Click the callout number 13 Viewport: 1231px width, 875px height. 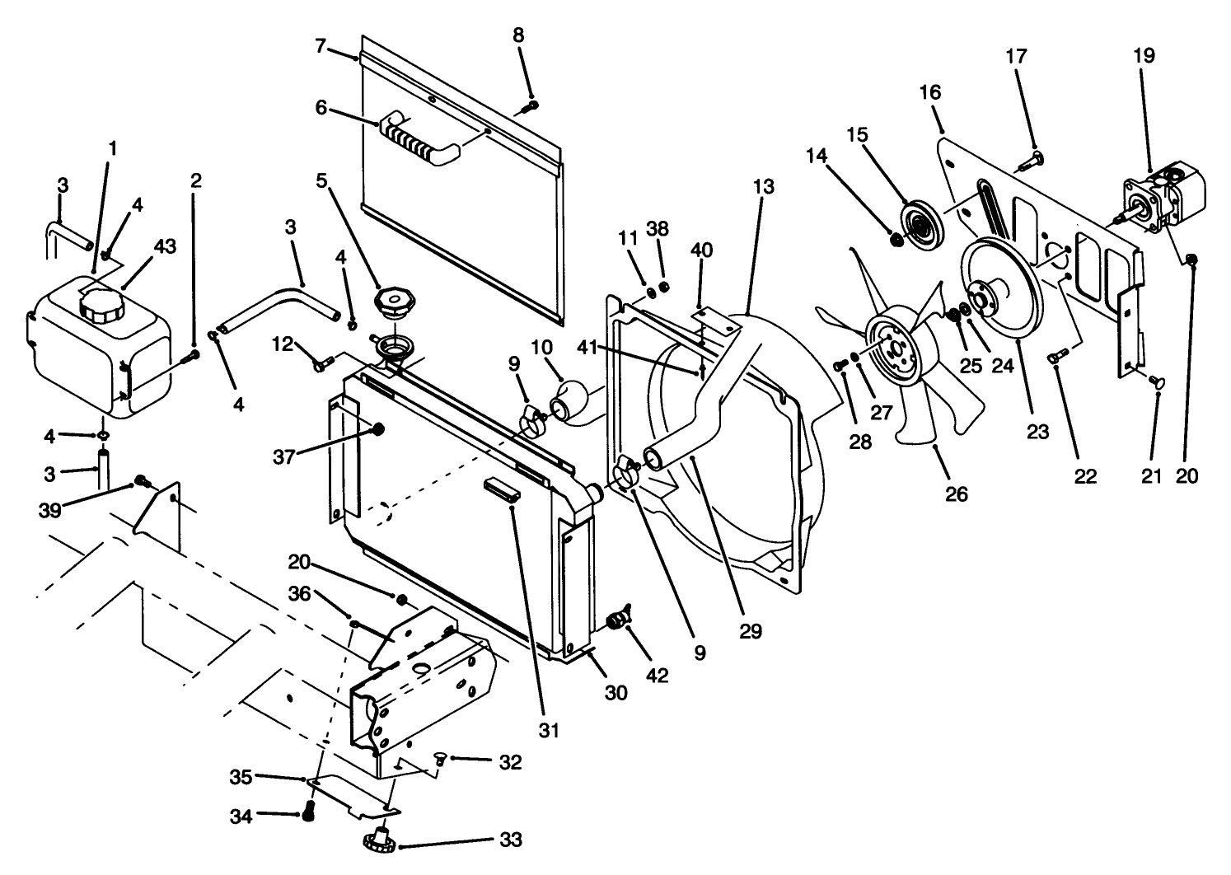[763, 187]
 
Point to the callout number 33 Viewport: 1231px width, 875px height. [510, 840]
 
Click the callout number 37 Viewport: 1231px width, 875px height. [283, 456]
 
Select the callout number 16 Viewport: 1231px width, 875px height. [929, 91]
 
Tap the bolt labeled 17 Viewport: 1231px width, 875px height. [1031, 161]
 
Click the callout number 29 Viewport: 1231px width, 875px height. [751, 631]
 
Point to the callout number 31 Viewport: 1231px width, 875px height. [550, 730]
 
